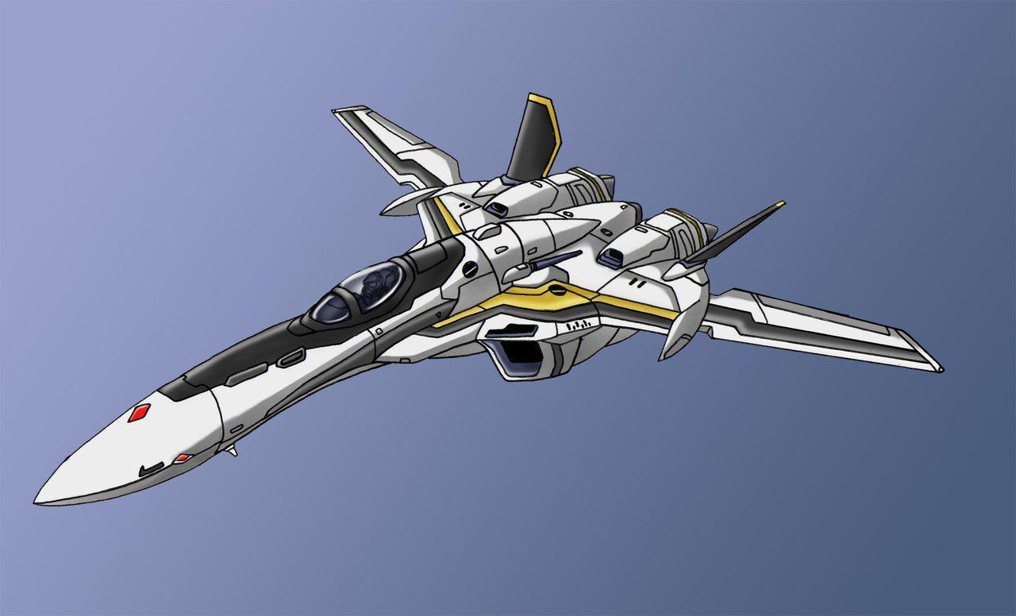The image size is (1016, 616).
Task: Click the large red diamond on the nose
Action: [140, 412]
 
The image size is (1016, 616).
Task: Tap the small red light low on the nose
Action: [183, 458]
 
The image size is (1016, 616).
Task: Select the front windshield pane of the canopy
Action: [331, 307]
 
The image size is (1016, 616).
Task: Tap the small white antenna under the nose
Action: [231, 451]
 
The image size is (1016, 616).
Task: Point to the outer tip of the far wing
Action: [337, 110]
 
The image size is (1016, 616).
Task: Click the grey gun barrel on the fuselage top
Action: [556, 260]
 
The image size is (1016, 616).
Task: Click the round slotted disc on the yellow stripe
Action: [560, 293]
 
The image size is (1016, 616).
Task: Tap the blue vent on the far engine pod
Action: [498, 209]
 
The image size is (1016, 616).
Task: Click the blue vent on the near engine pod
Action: [612, 256]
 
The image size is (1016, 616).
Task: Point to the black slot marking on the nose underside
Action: [151, 470]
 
